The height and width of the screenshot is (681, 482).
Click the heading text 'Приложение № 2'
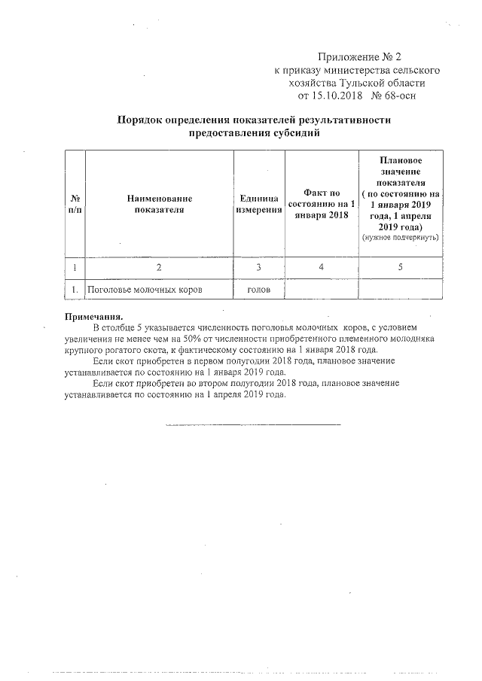click(x=361, y=56)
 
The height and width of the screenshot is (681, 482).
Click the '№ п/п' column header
click(x=75, y=204)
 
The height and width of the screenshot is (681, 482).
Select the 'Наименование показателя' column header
click(x=159, y=204)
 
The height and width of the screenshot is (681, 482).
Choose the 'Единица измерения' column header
click(x=258, y=204)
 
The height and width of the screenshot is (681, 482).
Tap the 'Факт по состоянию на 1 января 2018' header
click(x=322, y=204)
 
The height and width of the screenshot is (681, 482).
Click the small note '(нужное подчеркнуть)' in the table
click(x=400, y=237)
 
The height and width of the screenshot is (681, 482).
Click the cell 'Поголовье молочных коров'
click(x=145, y=289)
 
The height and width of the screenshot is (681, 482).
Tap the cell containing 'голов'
click(x=258, y=289)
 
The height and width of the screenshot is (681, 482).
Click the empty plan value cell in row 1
click(x=400, y=289)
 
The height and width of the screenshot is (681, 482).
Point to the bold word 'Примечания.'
click(x=93, y=317)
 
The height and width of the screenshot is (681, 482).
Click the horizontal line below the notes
click(x=253, y=424)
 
